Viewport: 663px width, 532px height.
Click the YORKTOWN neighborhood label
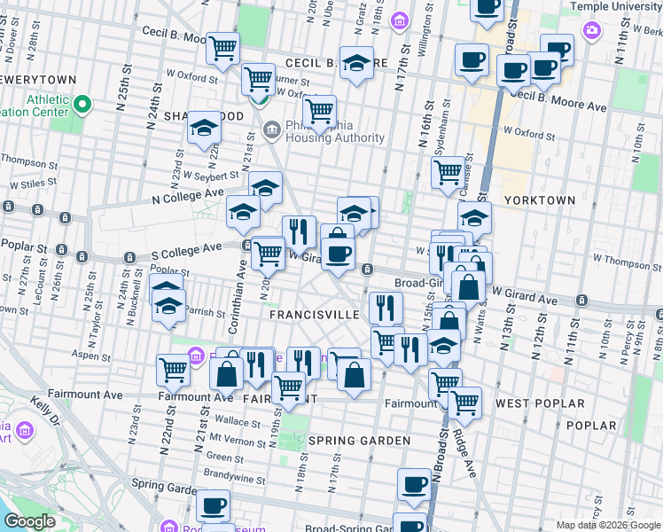coord(540,201)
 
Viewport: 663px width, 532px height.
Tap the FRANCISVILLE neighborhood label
coord(314,315)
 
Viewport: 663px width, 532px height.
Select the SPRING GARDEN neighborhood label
coord(360,441)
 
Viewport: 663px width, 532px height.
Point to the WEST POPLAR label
coord(540,403)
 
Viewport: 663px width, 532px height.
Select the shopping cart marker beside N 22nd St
coord(173,370)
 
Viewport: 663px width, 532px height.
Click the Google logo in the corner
coord(29,521)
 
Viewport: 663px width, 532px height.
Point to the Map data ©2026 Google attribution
coord(607,525)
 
